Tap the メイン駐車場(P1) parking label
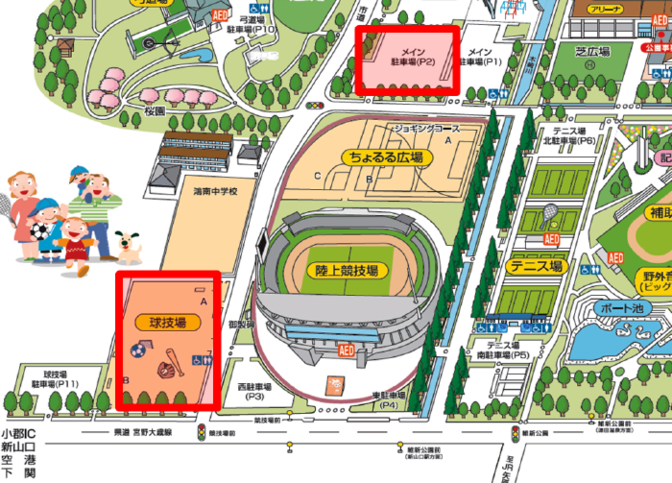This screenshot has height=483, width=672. point(480,55)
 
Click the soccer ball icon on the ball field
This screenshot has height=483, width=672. point(136,352)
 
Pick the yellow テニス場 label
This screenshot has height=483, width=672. point(537,266)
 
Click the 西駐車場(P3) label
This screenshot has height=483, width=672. point(254,391)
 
